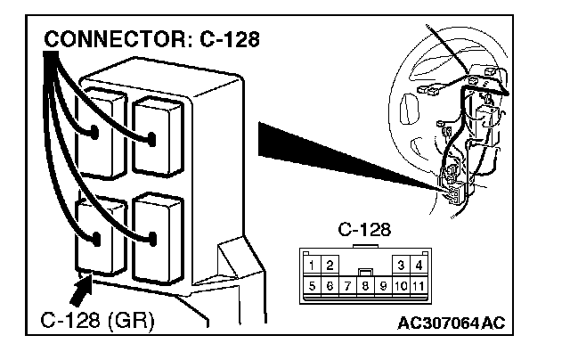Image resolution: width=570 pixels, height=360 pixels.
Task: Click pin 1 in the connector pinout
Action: tap(312, 265)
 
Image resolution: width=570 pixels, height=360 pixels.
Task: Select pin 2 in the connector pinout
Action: tap(330, 265)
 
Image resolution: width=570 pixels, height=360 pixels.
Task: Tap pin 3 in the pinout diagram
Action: tap(402, 265)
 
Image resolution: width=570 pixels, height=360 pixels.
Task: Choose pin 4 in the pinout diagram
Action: tap(419, 265)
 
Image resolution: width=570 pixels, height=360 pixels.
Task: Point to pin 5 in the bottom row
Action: tap(312, 286)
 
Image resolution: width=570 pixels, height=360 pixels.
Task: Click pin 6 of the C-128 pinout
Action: tap(330, 286)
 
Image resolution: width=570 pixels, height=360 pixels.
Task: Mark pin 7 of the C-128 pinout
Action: tap(347, 286)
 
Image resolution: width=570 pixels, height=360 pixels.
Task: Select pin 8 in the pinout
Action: tap(365, 286)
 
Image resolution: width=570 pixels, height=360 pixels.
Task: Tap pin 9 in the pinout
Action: tap(383, 286)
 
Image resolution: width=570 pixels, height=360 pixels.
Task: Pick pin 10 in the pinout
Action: tap(401, 286)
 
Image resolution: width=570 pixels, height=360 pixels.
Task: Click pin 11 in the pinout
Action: tap(419, 286)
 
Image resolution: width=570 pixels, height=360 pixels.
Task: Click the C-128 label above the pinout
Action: tap(364, 230)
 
